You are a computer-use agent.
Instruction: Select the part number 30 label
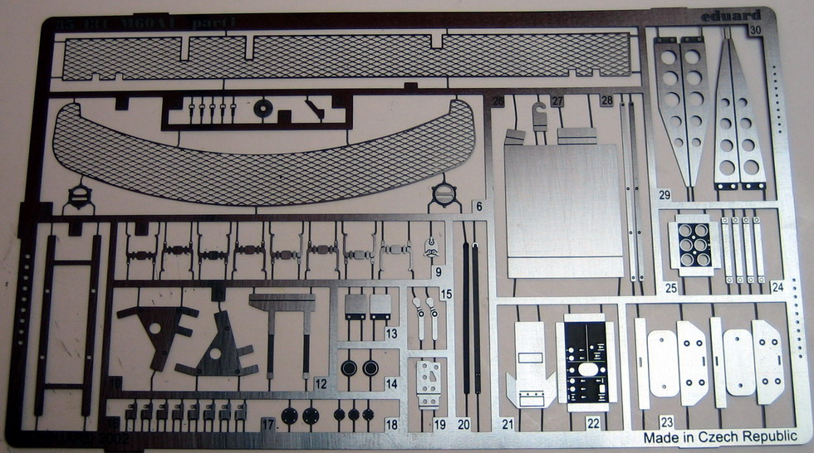pyautogui.click(x=754, y=31)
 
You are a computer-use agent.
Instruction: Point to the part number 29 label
pyautogui.click(x=664, y=196)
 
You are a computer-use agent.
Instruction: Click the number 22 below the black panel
pyautogui.click(x=593, y=423)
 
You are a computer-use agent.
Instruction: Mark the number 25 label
pyautogui.click(x=670, y=288)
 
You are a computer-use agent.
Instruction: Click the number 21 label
pyautogui.click(x=508, y=424)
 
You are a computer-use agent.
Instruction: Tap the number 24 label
pyautogui.click(x=777, y=288)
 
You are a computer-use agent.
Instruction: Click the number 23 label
pyautogui.click(x=666, y=422)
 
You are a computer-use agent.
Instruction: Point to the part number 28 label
pyautogui.click(x=606, y=101)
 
